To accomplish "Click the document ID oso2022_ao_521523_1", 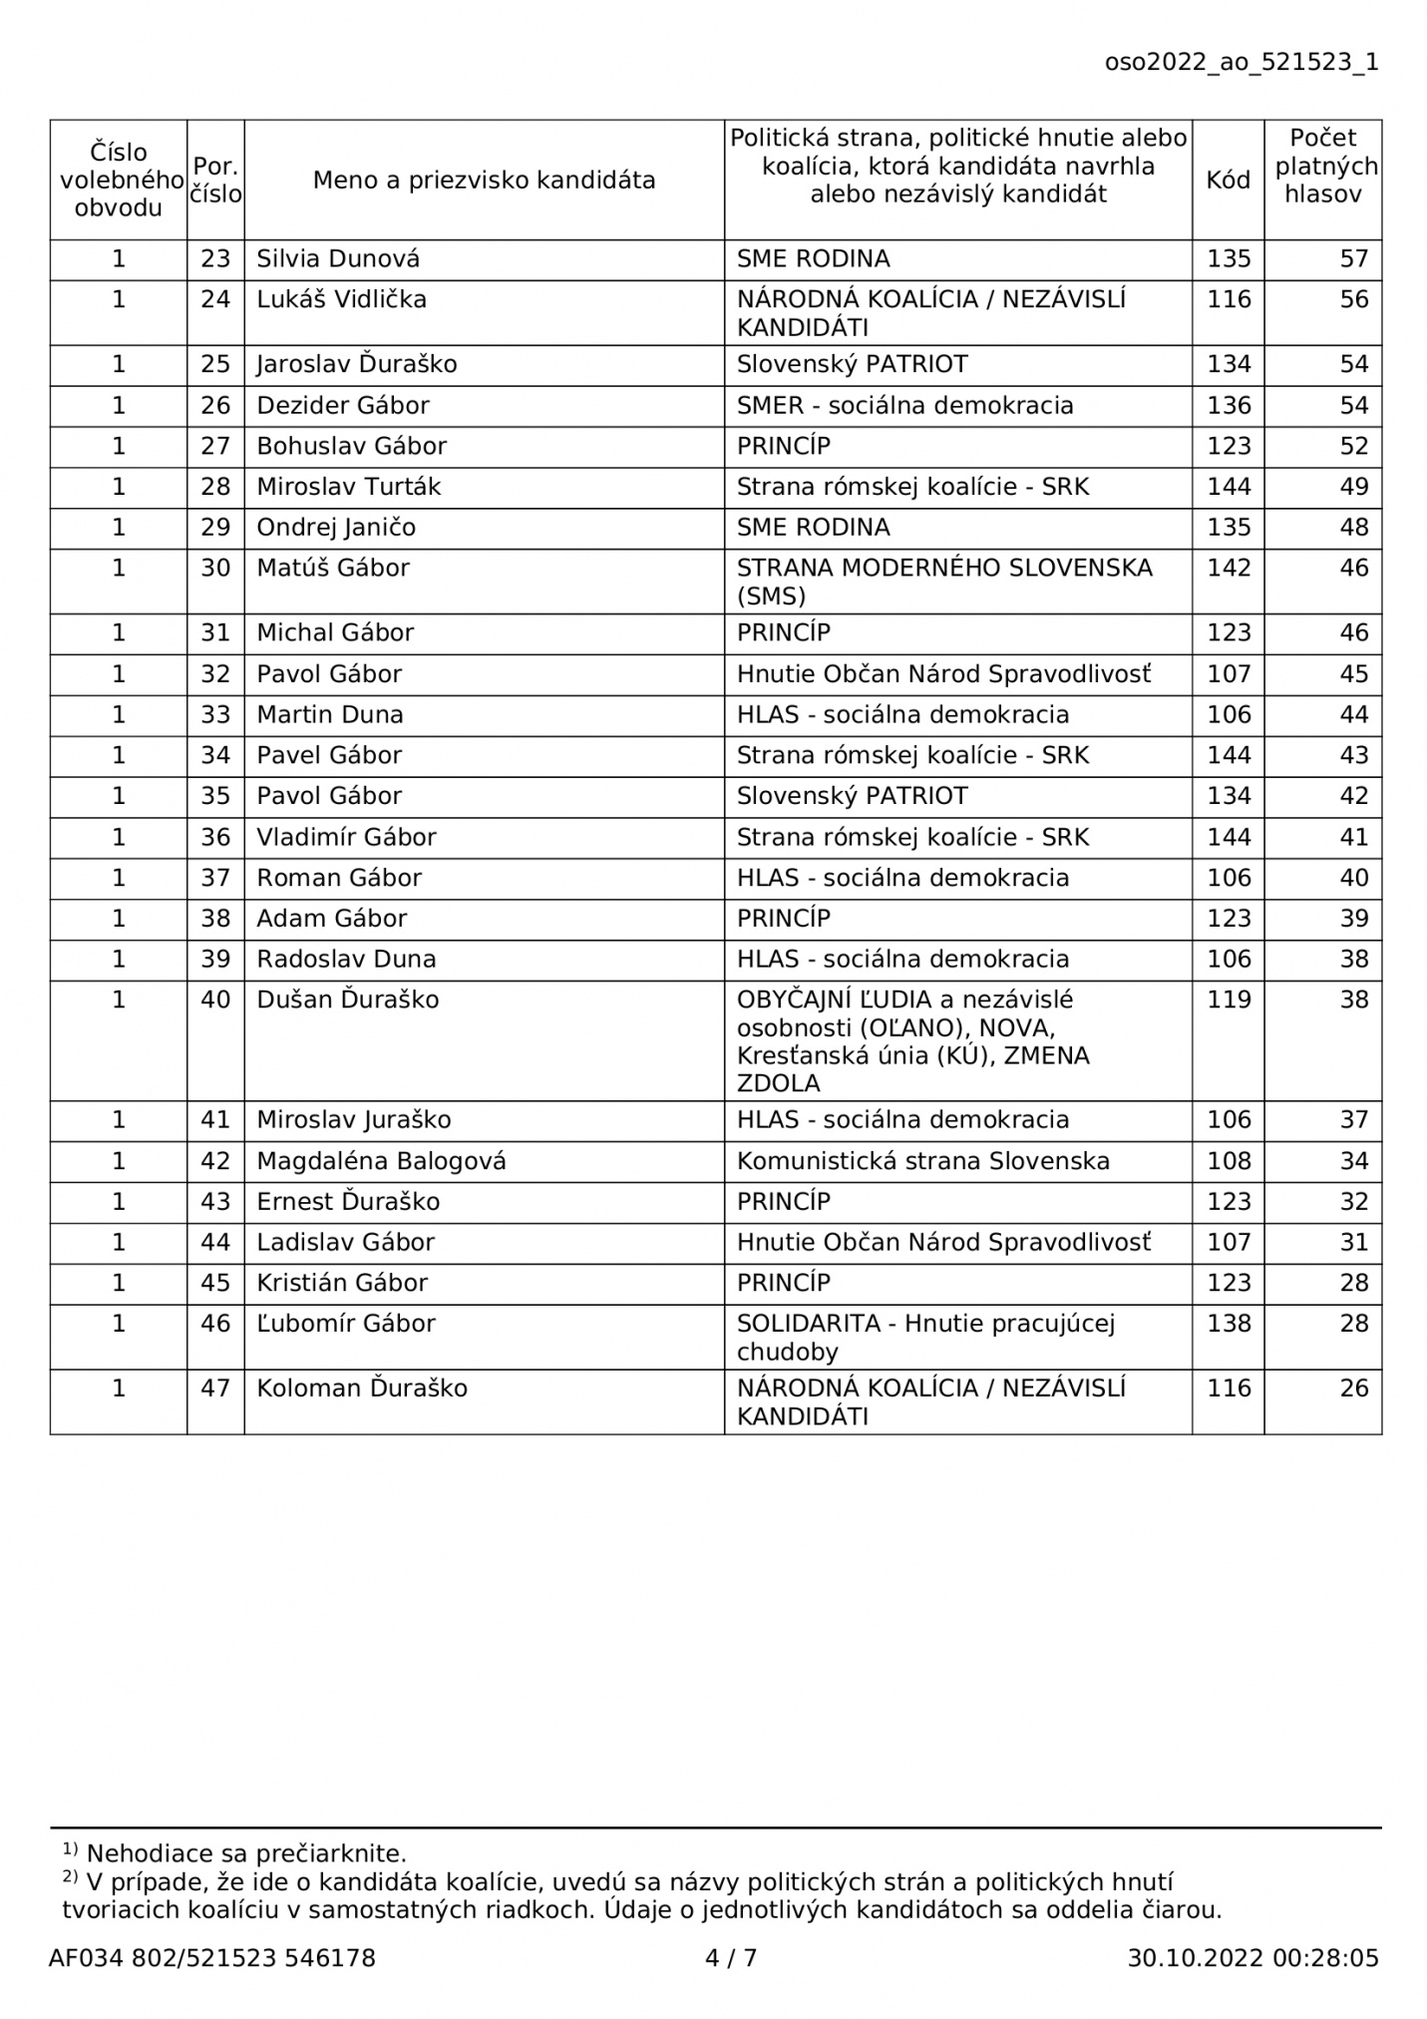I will (1241, 63).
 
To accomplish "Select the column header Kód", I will (1228, 181).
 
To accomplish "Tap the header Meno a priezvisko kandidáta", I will (484, 181).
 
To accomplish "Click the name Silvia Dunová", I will (338, 259).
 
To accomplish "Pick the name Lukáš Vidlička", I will (341, 300).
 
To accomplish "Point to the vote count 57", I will (1353, 259).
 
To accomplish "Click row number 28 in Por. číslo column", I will (215, 487).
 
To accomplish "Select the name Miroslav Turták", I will (348, 487).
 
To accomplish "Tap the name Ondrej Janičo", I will (336, 528).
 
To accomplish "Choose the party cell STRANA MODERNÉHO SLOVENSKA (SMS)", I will (943, 582).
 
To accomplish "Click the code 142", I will (1228, 569).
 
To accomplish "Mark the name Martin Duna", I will (330, 715).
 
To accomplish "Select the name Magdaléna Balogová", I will (381, 1161).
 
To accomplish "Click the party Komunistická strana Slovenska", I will (922, 1161).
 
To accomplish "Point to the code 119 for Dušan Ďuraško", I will (1228, 1001).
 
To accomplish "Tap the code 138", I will (1228, 1324).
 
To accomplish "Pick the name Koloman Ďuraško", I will (362, 1389).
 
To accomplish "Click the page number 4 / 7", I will (731, 1958).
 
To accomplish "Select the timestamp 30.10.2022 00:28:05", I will (1252, 1958).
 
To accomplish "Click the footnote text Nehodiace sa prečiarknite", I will (246, 1854).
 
